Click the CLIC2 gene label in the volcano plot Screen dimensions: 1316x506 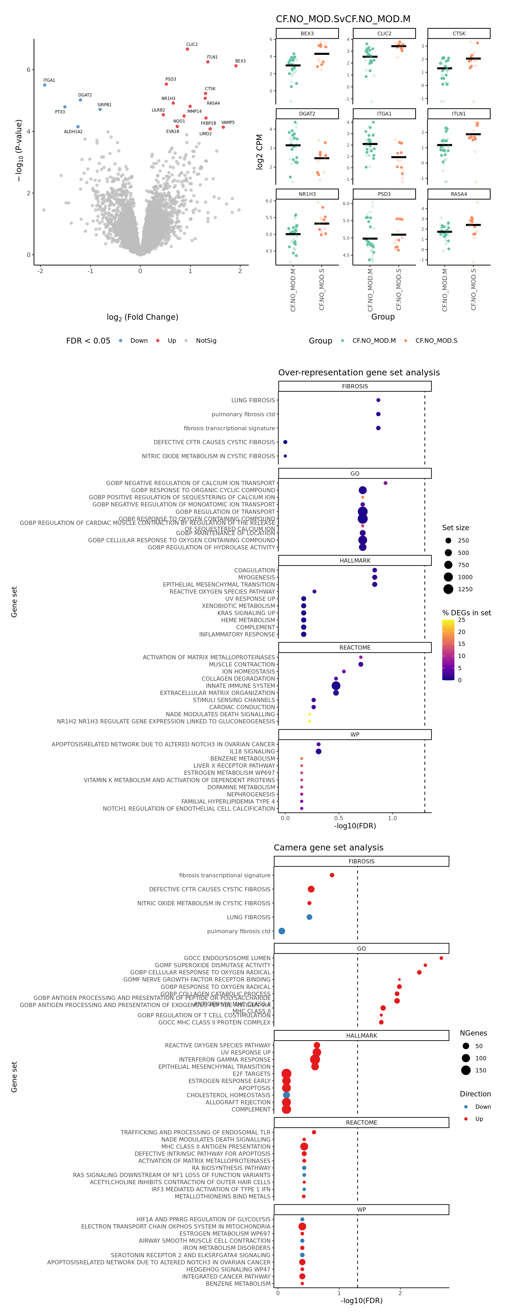[192, 45]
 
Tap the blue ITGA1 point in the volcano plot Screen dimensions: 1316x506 [45, 85]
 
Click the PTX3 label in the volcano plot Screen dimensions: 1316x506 [60, 112]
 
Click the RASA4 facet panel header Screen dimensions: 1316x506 [459, 194]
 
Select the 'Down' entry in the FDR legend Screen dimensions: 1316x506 [138, 341]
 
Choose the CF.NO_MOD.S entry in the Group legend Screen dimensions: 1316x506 [436, 341]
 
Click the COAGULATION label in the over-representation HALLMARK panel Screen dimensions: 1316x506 [254, 570]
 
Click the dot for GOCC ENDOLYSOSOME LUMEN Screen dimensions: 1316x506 [441, 958]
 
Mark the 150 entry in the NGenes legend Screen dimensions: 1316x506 [480, 1070]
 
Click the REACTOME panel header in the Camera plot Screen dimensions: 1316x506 [362, 1123]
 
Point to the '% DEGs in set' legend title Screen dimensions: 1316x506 [466, 613]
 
